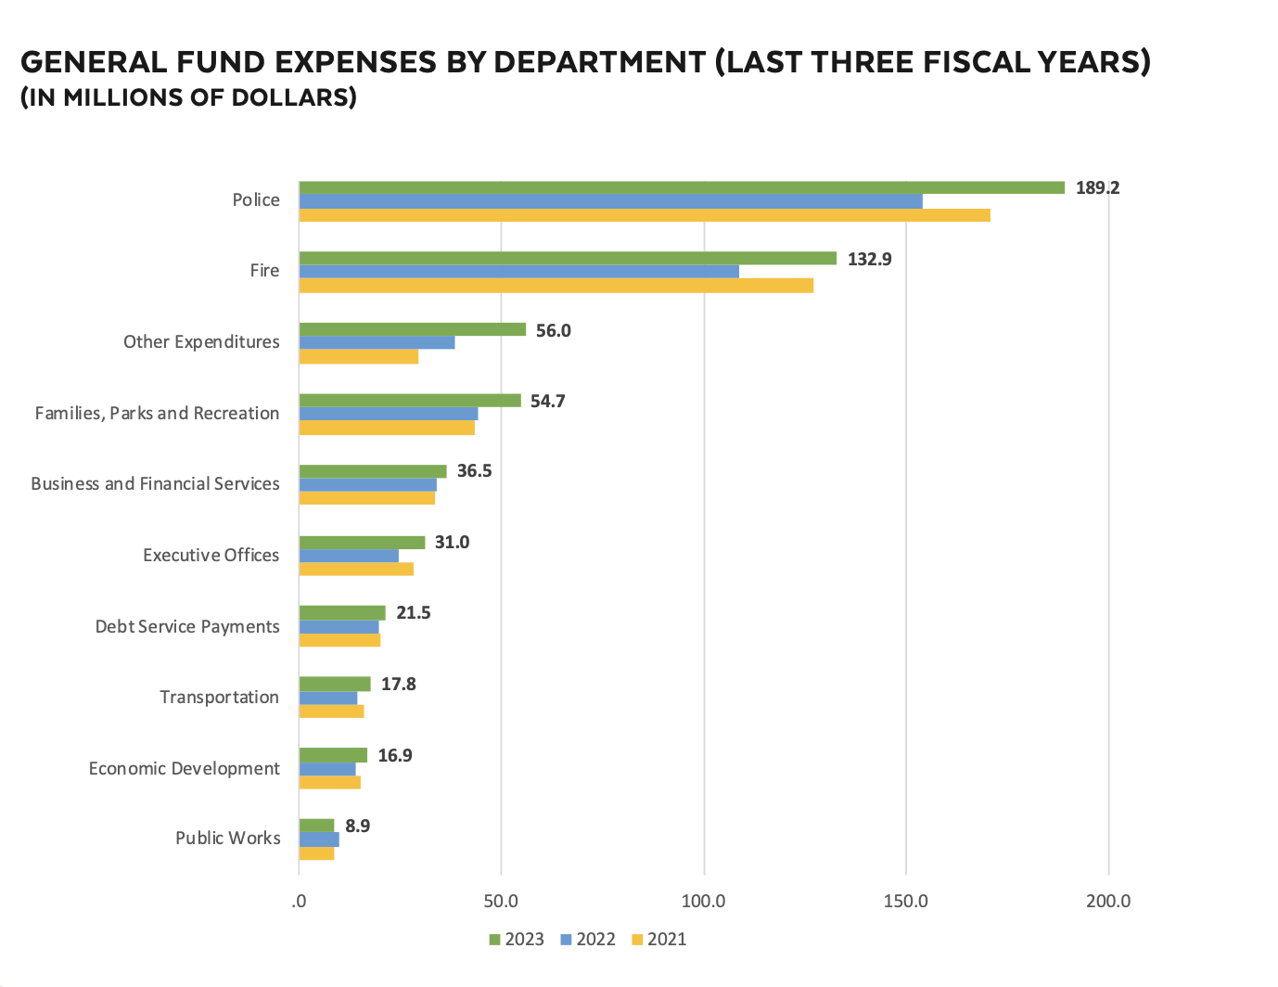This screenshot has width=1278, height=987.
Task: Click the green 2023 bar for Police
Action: [x=682, y=187]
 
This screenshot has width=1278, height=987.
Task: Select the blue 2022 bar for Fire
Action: [x=518, y=272]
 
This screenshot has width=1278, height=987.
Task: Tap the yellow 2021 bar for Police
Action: [x=645, y=215]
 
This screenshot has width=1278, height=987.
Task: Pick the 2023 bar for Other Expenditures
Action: [x=412, y=329]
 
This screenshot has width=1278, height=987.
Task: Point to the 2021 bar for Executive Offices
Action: [x=356, y=569]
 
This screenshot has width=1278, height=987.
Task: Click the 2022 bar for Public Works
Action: [x=319, y=840]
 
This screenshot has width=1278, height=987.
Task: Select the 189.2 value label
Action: [x=1097, y=187]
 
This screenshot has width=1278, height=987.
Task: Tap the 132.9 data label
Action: [x=869, y=259]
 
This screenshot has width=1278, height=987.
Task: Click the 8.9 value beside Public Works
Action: [x=357, y=826]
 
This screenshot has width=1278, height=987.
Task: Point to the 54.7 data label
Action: [x=547, y=401]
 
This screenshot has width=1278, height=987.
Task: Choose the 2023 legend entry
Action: [x=517, y=939]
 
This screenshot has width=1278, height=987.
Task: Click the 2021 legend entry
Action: [x=659, y=939]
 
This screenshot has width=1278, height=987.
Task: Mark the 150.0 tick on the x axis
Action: [x=905, y=901]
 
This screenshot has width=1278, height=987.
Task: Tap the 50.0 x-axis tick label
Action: [x=501, y=901]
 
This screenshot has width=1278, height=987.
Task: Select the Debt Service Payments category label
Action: [x=187, y=626]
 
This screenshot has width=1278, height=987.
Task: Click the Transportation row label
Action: [x=219, y=697]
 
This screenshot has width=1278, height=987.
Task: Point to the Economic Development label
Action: [x=184, y=768]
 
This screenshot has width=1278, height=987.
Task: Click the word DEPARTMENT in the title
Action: [x=599, y=62]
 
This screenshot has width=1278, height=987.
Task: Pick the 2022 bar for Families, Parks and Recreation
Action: [x=388, y=414]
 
